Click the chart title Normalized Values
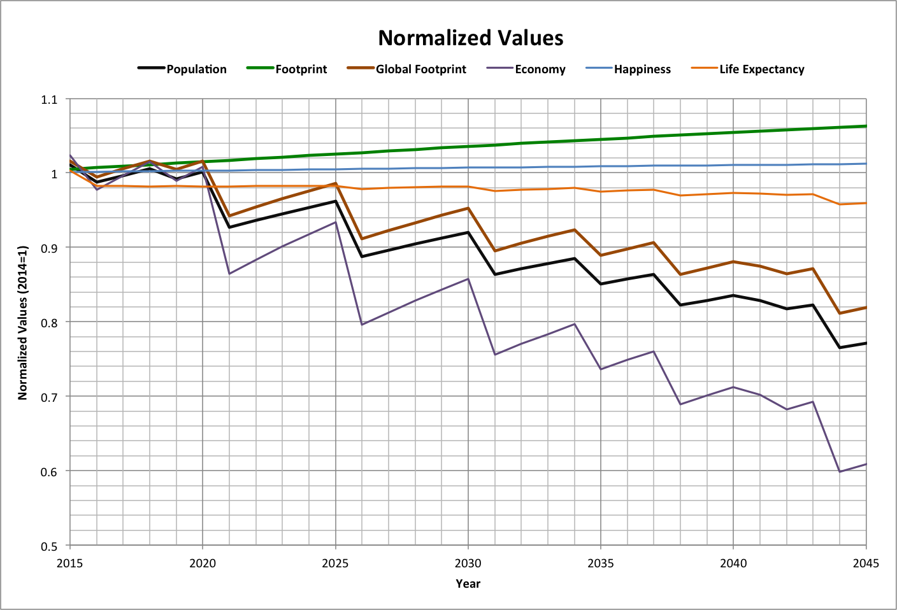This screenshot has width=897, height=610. click(470, 38)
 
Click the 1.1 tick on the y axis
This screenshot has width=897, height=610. click(49, 99)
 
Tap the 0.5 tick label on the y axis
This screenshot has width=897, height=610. click(49, 546)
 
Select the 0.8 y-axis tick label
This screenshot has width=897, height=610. click(49, 323)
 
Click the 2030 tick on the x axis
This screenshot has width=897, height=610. click(468, 563)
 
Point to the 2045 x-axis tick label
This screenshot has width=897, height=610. click(865, 563)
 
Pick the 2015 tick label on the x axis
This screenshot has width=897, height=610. click(69, 563)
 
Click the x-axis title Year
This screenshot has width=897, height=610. click(468, 583)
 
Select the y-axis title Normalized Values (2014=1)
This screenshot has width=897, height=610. click(23, 322)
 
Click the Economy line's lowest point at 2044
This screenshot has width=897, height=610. click(840, 472)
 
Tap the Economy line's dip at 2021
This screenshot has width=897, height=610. click(229, 274)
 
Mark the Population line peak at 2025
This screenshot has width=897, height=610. click(335, 201)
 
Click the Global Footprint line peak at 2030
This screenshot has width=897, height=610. click(468, 208)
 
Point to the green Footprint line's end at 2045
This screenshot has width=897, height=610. click(866, 126)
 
